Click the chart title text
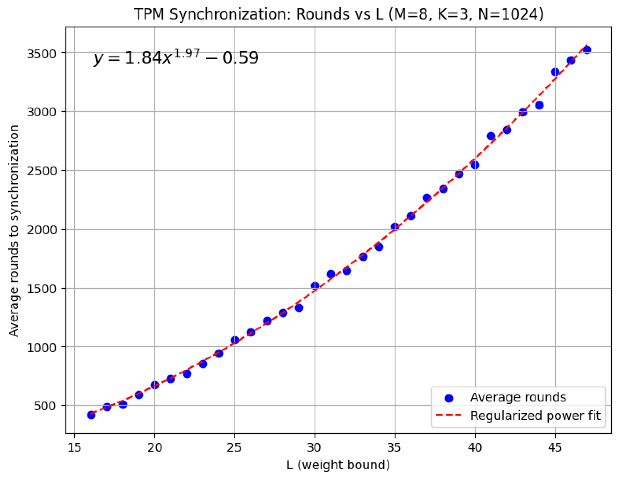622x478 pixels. [x=338, y=14]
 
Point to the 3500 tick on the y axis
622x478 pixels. [x=41, y=53]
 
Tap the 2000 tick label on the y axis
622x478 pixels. [x=41, y=230]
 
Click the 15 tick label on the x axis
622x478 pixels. [x=74, y=448]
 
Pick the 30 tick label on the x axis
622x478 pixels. [x=314, y=448]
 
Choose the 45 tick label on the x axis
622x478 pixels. [x=555, y=448]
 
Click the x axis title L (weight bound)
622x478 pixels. [x=338, y=465]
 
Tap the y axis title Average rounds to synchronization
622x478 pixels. [x=14, y=230]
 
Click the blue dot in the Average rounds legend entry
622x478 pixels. [x=448, y=398]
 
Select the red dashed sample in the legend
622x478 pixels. [x=448, y=415]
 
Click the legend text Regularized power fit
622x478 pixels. [x=535, y=416]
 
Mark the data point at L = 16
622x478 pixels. [x=91, y=415]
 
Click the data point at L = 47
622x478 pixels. [x=587, y=50]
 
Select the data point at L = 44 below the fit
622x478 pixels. [x=539, y=105]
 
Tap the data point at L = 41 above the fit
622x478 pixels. [x=491, y=136]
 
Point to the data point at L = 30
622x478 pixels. [x=315, y=286]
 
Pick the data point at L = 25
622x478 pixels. [x=234, y=340]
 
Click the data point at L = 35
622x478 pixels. [x=395, y=227]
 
